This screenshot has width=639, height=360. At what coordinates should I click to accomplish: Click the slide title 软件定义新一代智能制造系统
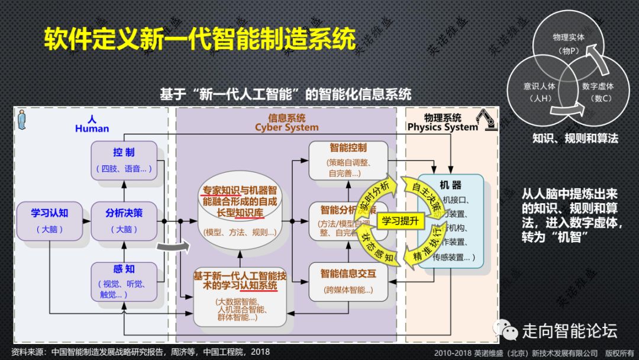point(200,39)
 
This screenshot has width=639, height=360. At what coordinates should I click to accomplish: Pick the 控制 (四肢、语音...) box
point(124,160)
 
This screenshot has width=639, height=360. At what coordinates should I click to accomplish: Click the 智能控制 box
point(344,159)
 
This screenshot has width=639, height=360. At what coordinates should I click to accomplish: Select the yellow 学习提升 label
point(400,221)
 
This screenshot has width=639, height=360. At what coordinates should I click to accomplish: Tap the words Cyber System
point(286,127)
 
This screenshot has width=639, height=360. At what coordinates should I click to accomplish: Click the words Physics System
point(442,127)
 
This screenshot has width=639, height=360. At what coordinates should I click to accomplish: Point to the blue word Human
point(92,128)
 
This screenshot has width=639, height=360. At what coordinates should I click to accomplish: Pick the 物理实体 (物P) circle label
point(569,44)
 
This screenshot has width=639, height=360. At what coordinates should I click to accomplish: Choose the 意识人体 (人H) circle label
point(539,92)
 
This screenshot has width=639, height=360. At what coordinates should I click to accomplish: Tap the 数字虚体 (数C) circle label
point(598,92)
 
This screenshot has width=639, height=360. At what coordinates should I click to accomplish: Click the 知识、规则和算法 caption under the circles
point(575,139)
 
